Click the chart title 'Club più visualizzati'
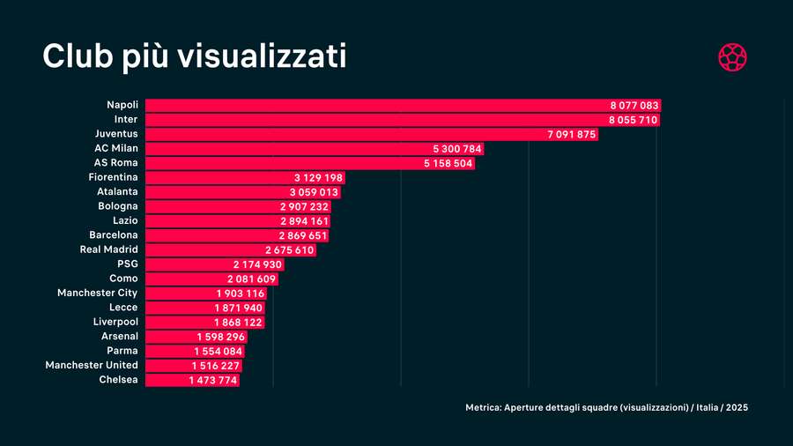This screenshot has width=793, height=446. tap(194, 56)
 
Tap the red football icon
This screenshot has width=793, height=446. tap(732, 57)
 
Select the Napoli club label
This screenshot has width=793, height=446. tap(122, 105)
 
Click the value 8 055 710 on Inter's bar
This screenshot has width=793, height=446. tap(633, 120)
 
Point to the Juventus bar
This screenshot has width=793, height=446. tap(370, 134)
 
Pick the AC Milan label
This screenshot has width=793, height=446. tap(115, 148)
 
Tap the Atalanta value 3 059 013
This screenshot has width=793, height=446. tap(314, 192)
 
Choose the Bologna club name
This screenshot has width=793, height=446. tap(117, 206)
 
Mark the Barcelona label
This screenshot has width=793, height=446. tap(113, 235)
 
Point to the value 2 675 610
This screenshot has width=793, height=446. tap(289, 249)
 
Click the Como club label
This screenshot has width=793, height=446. tap(123, 279)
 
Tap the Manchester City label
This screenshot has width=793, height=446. tap(97, 293)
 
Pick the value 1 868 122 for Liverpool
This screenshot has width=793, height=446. tap(238, 322)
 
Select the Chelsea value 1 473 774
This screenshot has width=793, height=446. tap(213, 380)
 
